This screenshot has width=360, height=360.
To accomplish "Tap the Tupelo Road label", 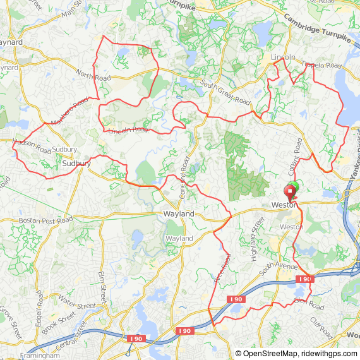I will pos(321,65).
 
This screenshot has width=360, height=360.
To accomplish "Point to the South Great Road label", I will pos(225,93).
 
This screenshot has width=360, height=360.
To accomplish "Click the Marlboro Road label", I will pos(69,111).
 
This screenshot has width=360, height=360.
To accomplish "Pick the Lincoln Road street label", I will pos(128,129).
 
